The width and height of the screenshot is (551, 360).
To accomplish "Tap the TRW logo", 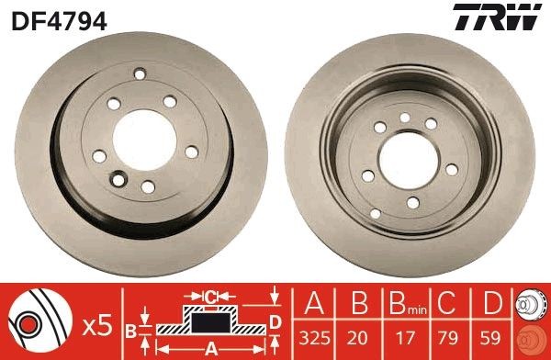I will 508,17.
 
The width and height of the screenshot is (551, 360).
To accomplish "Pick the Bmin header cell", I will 399,301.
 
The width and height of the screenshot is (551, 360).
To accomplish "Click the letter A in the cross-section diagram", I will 209,349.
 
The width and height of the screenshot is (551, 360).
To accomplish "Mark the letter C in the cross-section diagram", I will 210,296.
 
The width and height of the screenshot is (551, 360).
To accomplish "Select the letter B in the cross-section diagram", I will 131,328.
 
